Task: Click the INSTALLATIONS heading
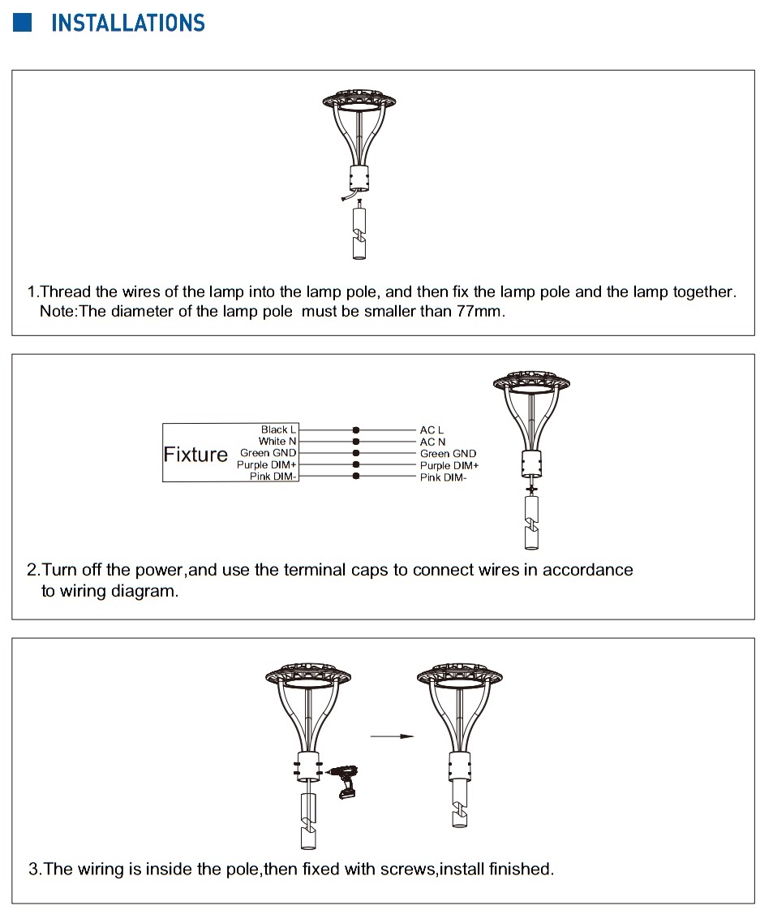[128, 23]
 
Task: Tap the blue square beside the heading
[22, 22]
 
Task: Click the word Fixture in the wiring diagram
[195, 454]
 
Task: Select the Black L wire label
[279, 429]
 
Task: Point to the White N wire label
[277, 441]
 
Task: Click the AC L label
[432, 430]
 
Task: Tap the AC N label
[432, 442]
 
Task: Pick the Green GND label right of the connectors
[448, 454]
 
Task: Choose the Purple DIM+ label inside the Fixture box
[267, 465]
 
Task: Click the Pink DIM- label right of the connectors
[443, 477]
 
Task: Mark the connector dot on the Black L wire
[355, 429]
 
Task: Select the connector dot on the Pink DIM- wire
[355, 477]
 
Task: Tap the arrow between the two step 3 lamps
[392, 736]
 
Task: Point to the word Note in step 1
[56, 312]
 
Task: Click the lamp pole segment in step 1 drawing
[359, 235]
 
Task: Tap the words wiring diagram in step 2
[110, 591]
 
